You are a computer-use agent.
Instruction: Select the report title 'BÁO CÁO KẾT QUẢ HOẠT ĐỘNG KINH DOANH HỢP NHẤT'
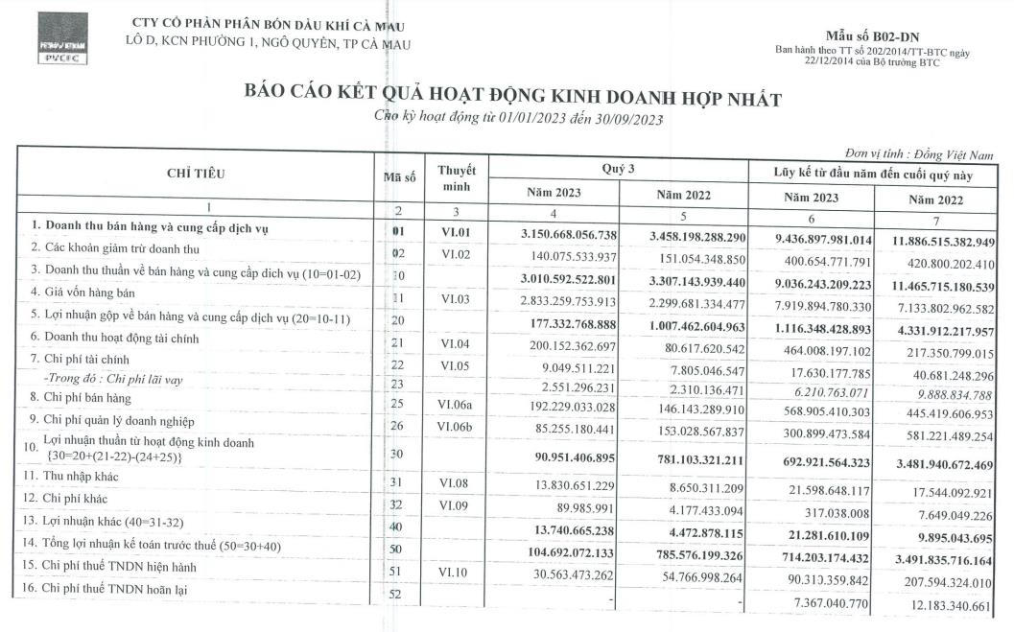click(513, 99)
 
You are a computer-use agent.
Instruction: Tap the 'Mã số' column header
click(399, 176)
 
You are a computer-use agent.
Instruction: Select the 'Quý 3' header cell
click(619, 169)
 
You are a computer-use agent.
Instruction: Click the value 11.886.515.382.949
click(944, 241)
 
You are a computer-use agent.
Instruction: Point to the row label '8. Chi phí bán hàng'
click(85, 398)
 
